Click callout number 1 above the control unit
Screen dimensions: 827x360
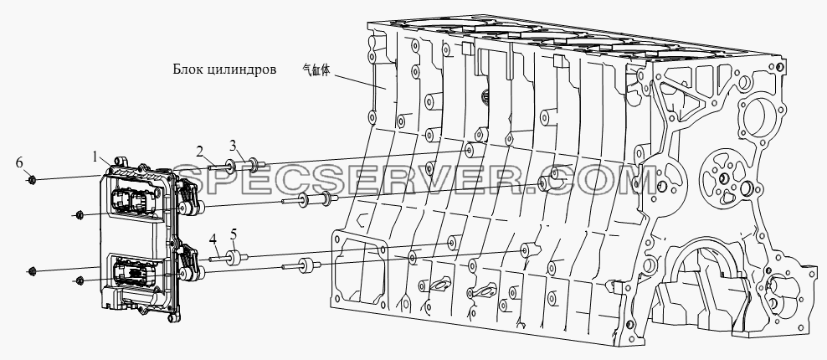click(x=95, y=157)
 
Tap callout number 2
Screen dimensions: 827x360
click(x=200, y=152)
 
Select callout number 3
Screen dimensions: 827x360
click(x=233, y=145)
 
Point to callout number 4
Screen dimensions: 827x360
click(x=213, y=239)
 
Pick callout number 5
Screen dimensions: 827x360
click(x=234, y=234)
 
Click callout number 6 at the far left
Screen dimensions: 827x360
click(x=19, y=163)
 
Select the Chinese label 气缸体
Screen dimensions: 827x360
click(x=316, y=70)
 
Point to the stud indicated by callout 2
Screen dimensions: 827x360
click(x=218, y=167)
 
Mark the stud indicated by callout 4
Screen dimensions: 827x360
click(x=218, y=258)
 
